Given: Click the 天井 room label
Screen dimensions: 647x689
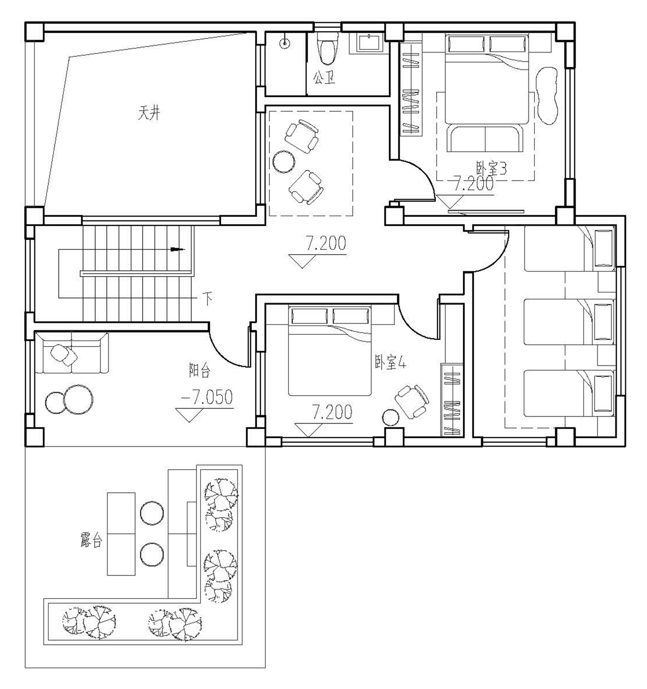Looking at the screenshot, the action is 149,113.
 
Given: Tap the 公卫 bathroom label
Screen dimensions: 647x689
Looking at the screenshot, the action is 324,78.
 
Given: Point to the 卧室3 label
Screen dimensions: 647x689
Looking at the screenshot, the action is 491,168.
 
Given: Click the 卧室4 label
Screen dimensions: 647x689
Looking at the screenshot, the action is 390,363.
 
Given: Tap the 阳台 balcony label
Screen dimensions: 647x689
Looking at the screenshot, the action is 199,370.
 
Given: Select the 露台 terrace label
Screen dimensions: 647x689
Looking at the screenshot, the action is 91,540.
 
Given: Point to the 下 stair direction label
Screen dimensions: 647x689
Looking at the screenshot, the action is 208,299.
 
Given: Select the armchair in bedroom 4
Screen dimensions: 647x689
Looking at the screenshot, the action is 412,401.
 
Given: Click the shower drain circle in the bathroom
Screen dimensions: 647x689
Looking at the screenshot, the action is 284,43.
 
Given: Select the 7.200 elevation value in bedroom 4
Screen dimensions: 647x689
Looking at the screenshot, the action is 332,412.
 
